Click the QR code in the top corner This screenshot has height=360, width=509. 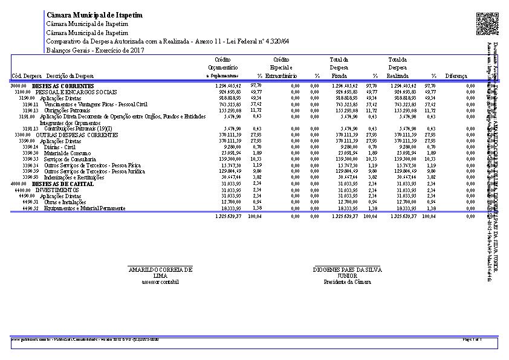(487, 24)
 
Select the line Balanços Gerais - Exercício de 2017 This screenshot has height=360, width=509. (95, 50)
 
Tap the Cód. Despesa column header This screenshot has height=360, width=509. (26, 76)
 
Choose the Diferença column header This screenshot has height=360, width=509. (456, 76)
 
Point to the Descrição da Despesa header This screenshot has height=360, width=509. (70, 76)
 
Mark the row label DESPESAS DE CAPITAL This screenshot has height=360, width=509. (62, 184)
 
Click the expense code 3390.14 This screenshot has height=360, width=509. (31, 147)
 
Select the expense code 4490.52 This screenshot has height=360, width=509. (31, 208)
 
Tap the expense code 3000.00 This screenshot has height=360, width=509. (19, 86)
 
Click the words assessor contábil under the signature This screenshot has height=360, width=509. (160, 282)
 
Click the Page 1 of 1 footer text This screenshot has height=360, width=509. (472, 340)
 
